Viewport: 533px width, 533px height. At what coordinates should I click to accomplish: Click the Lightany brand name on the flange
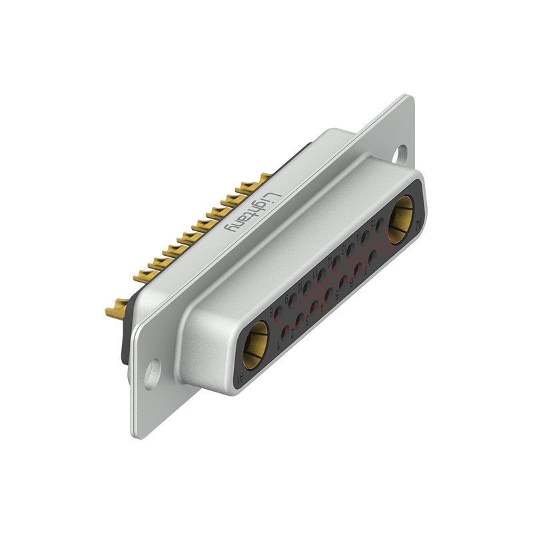[x=248, y=212]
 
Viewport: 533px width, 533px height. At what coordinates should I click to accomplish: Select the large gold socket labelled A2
[x=401, y=219]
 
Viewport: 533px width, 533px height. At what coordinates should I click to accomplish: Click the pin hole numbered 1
[x=285, y=332]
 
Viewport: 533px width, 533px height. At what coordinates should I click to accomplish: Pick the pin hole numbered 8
[x=278, y=311]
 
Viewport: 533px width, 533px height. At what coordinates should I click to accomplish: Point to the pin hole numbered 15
[x=380, y=225]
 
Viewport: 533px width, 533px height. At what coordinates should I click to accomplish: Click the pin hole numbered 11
[x=322, y=274]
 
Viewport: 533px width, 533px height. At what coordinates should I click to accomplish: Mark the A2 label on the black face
[x=417, y=227]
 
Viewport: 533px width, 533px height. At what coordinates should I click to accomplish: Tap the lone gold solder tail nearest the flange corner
[x=117, y=308]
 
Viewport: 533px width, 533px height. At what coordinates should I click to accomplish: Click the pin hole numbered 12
[x=336, y=261]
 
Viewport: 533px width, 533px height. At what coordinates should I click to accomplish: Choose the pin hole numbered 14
[x=365, y=237]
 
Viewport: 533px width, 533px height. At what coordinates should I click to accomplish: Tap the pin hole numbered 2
[x=300, y=319]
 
